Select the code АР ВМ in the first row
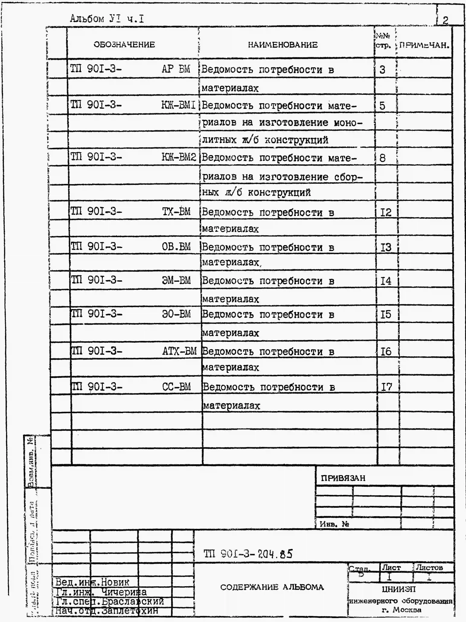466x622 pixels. [x=176, y=69]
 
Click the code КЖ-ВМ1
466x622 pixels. [x=178, y=105]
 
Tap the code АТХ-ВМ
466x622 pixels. [x=179, y=351]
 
